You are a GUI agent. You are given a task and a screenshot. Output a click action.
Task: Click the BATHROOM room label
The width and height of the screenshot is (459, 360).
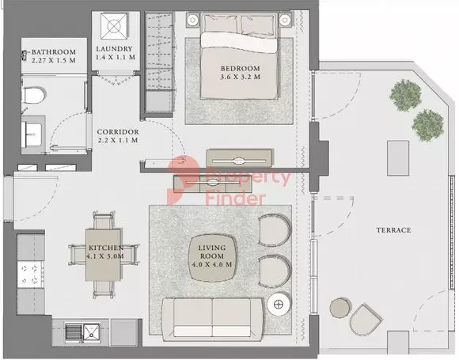coord(54,52)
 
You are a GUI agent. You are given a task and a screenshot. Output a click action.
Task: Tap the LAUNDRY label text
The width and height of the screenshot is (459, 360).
coord(114,49)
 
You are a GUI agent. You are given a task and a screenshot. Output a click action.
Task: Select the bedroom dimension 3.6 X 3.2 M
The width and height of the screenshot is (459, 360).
coord(240,77)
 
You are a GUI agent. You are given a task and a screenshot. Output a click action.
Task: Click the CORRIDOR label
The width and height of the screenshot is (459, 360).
coord(118,131)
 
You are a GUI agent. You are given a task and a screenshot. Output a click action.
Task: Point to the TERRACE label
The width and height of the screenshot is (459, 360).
coord(394,230)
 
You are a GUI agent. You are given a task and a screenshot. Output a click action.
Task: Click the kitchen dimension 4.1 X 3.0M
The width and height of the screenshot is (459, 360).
coord(105,256)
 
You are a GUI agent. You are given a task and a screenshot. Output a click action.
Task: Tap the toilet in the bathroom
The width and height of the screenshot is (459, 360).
coord(34,94)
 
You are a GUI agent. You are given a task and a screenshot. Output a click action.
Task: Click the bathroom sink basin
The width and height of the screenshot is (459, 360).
coord(32,135)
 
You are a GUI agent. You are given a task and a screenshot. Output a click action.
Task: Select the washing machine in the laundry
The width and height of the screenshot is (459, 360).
coord(114,26)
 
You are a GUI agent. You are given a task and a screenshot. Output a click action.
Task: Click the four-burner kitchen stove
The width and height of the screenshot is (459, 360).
coord(30,275)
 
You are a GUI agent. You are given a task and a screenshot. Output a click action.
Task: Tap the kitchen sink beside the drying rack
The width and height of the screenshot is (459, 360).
coord(92,333)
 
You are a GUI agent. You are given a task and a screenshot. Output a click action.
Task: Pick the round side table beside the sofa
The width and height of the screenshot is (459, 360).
coord(279,305)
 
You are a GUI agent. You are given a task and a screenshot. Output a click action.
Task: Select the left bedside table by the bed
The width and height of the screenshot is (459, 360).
coord(192,21)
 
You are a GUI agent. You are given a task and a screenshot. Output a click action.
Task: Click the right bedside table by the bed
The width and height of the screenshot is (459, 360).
coord(285,21)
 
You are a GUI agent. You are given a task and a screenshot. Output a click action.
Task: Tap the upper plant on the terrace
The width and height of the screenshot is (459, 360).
coord(406,96)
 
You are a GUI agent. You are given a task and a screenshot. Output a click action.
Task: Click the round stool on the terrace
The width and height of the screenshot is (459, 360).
coord(340,308)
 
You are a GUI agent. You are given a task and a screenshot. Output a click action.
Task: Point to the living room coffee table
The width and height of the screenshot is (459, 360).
coord(213,258)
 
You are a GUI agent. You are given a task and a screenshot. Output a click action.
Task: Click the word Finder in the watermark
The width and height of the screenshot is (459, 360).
coord(236,199)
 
